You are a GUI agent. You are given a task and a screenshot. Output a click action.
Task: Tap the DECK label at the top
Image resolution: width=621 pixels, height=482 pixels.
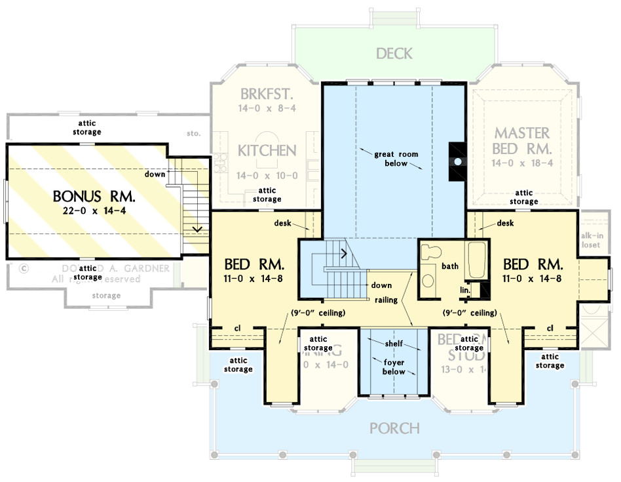coord(394,53)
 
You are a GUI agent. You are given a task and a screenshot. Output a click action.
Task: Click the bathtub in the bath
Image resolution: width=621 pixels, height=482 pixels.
coord(475,258)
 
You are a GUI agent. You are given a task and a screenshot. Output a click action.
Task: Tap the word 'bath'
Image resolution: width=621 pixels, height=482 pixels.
coord(450,266)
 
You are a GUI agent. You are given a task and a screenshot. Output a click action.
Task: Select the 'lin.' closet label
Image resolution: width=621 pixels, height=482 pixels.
coord(465,289)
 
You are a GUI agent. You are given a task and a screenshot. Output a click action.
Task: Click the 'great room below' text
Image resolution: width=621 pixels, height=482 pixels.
coord(396,159)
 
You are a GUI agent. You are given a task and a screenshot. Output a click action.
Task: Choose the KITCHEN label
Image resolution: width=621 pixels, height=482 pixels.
coord(267,150)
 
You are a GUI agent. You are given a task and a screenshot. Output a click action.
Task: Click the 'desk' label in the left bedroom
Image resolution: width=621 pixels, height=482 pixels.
coord(284,223)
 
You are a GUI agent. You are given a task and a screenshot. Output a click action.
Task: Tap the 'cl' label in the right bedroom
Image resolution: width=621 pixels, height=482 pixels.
coord(550,328)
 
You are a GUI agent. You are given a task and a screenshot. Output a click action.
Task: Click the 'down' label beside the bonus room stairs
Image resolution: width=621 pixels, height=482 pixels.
coord(155,174)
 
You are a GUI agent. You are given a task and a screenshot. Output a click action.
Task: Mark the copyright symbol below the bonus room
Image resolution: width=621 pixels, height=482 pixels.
coord(24,268)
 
